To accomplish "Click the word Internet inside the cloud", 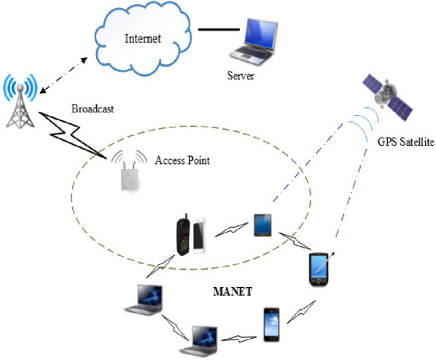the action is click(x=143, y=39).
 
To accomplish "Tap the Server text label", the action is click(x=241, y=76).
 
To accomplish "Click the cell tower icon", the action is click(x=20, y=101).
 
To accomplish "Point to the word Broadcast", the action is click(x=93, y=109).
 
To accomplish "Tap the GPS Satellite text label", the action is click(x=405, y=142).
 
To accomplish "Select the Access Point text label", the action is click(x=182, y=160).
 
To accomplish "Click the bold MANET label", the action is click(x=233, y=291).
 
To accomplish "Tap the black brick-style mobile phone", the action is click(x=183, y=235).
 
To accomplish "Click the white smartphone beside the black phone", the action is click(x=199, y=235).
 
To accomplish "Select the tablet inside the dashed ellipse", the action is click(x=262, y=225).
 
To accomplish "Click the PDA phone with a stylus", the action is click(x=321, y=269).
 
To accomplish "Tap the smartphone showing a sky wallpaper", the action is click(x=271, y=325).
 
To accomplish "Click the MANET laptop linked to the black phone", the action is click(x=144, y=300).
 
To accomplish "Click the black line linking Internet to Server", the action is click(x=219, y=29).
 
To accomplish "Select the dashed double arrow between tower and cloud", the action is click(x=63, y=75).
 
